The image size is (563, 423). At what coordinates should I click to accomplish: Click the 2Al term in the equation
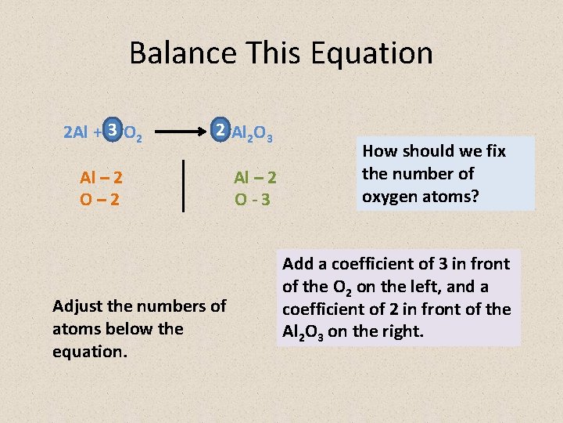point(76,132)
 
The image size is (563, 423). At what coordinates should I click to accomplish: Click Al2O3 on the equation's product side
point(253,133)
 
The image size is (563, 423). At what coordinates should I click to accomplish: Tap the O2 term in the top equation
point(133,133)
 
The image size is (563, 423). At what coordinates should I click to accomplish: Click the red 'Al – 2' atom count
point(100,178)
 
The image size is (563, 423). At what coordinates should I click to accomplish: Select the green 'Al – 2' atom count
point(255,178)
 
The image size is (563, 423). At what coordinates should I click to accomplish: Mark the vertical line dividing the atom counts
point(183,185)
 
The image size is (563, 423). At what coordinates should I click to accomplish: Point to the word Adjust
point(79,306)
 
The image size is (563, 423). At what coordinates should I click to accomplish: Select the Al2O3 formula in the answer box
point(303,332)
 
